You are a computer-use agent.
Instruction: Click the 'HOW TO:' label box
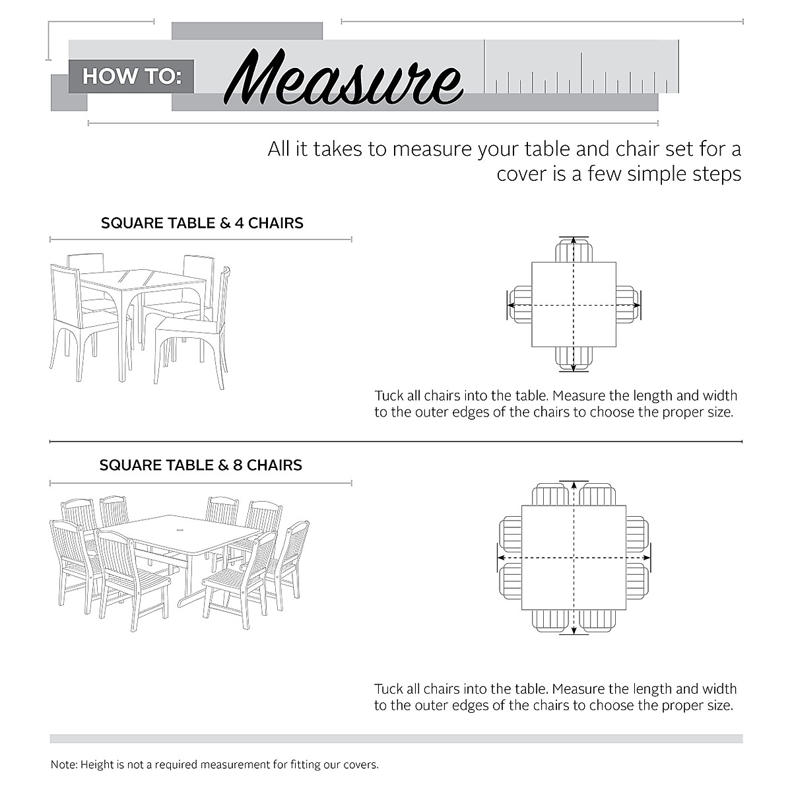[131, 76]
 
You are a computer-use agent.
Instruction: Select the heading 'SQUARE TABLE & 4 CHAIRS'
[202, 223]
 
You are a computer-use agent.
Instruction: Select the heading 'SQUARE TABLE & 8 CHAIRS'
[201, 465]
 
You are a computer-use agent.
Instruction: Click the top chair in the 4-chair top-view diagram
[574, 251]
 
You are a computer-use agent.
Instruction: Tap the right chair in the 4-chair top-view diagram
[626, 305]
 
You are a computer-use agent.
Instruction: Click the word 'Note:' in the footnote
[64, 765]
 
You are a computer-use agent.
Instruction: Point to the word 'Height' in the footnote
[97, 765]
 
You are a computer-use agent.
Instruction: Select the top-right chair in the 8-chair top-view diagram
[598, 495]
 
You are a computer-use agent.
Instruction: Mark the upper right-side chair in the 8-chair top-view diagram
[636, 534]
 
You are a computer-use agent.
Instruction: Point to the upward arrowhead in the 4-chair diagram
[574, 242]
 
